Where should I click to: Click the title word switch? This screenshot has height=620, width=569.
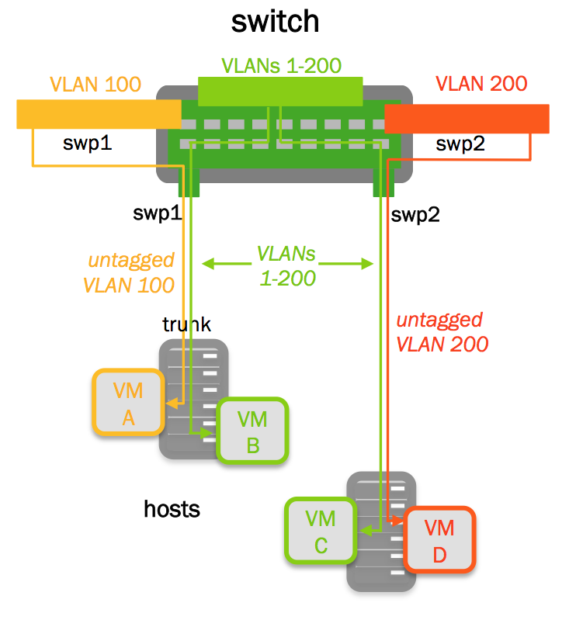pyautogui.click(x=275, y=21)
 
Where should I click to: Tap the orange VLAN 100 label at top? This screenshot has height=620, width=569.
pyautogui.click(x=96, y=84)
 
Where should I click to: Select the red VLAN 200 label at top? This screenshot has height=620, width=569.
pyautogui.click(x=481, y=84)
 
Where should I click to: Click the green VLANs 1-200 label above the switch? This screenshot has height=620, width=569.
pyautogui.click(x=281, y=65)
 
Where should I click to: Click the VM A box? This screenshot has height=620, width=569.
pyautogui.click(x=128, y=403)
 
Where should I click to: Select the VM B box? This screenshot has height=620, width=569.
pyautogui.click(x=252, y=431)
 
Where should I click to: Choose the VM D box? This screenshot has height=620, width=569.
pyautogui.click(x=439, y=540)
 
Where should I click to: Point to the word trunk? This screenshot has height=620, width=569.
pyautogui.click(x=186, y=324)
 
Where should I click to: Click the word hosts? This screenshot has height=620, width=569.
pyautogui.click(x=172, y=509)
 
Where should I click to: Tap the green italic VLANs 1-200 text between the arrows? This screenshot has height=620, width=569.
pyautogui.click(x=287, y=265)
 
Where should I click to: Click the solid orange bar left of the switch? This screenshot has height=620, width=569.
pyautogui.click(x=99, y=114)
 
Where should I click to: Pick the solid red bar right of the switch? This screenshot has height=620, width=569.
pyautogui.click(x=467, y=119)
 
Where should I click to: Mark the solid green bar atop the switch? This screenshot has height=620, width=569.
pyautogui.click(x=280, y=91)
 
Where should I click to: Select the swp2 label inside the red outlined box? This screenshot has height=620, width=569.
pyautogui.click(x=460, y=144)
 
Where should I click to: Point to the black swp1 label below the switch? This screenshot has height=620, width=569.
pyautogui.click(x=156, y=214)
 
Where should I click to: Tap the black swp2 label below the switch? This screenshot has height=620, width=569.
pyautogui.click(x=415, y=215)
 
